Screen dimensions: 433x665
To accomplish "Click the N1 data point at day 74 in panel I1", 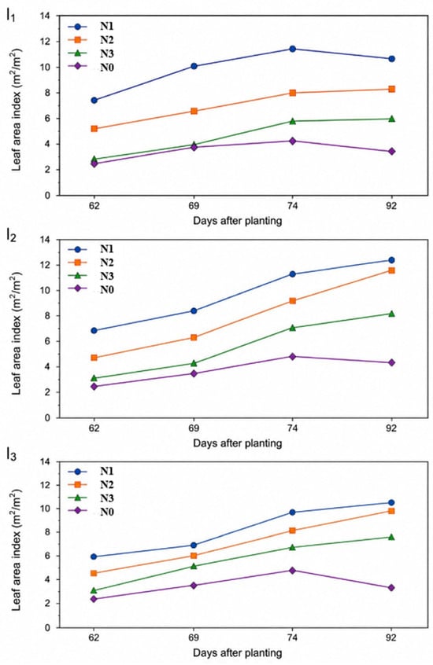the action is (292, 49).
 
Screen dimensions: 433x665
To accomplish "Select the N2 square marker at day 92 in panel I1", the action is (391, 89).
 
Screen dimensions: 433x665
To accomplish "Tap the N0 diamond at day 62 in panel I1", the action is (94, 163).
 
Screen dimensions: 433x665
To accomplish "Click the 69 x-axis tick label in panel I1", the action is (194, 206).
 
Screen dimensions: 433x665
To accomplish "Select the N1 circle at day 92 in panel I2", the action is (391, 260).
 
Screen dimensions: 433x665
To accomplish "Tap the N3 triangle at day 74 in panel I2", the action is (292, 328).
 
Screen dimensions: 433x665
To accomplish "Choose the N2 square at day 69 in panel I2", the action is (194, 337).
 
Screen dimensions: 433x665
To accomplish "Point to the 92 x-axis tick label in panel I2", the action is (391, 428).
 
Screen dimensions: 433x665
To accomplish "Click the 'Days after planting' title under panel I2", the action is (237, 443).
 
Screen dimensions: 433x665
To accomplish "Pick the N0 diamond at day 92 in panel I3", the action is (391, 588).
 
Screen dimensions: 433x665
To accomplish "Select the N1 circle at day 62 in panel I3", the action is (94, 557).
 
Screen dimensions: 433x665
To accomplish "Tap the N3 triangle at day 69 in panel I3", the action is (194, 566).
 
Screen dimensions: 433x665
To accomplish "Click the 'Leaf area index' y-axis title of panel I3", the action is (17, 549).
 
